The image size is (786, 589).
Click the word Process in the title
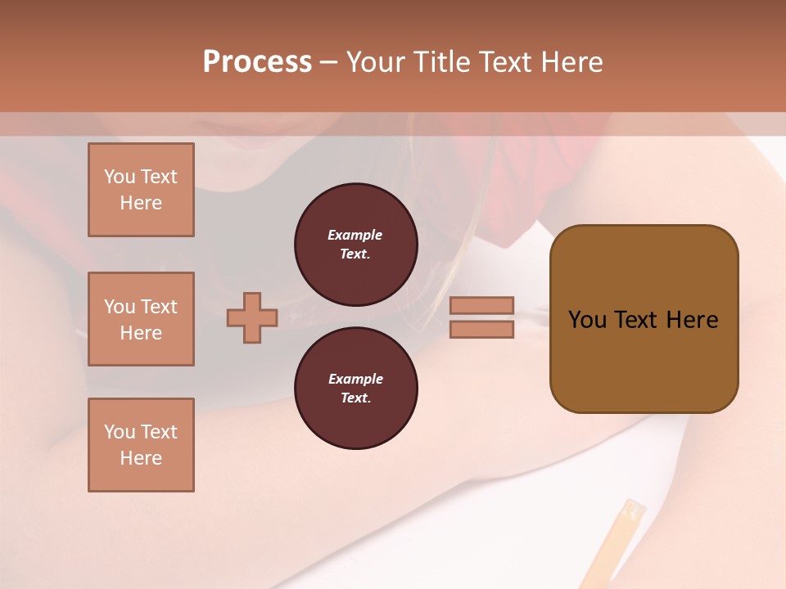(x=257, y=62)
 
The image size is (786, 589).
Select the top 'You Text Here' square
(x=141, y=190)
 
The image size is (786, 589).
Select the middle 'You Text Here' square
(x=141, y=319)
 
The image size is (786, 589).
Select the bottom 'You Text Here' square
(x=141, y=445)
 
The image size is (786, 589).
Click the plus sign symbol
(x=252, y=317)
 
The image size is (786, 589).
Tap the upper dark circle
(x=355, y=245)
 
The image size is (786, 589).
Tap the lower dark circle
(x=355, y=389)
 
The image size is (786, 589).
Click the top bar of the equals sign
(x=481, y=306)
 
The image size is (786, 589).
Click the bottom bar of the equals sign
(x=481, y=330)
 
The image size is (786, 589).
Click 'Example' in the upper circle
(x=355, y=235)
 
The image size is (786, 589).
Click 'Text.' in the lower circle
(x=355, y=398)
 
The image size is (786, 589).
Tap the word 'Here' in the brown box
(x=692, y=320)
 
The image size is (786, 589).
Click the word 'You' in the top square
(x=119, y=177)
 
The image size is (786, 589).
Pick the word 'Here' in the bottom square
(x=141, y=458)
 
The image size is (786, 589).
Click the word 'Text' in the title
(x=503, y=62)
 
